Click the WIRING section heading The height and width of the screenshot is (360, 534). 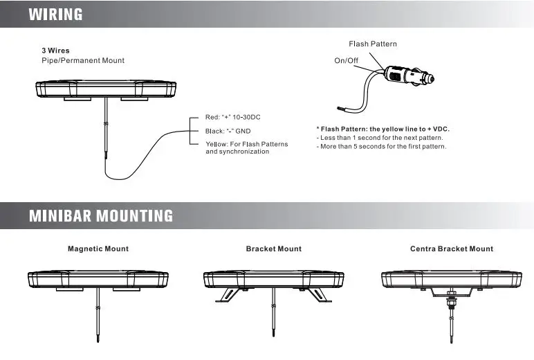[55, 15]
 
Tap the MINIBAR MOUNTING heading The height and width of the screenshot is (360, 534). [101, 216]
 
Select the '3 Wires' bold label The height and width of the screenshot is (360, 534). [55, 51]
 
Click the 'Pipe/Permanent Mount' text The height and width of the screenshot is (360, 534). [83, 61]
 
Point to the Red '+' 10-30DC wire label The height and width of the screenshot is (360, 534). [232, 117]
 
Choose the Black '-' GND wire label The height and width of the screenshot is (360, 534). [228, 132]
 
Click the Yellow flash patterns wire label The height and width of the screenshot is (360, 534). [246, 147]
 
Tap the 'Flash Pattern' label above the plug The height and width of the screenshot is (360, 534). [373, 44]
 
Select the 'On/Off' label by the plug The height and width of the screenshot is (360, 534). [346, 61]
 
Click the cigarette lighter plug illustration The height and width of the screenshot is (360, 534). [409, 76]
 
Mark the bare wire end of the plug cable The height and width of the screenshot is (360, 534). [341, 109]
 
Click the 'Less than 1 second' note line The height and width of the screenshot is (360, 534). [380, 138]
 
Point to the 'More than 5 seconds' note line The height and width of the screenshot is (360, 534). [381, 147]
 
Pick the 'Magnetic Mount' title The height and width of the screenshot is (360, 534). [98, 249]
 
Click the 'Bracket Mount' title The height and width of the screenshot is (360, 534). [274, 249]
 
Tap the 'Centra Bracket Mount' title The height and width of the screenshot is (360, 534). [452, 249]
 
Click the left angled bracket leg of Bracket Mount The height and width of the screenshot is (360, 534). [227, 295]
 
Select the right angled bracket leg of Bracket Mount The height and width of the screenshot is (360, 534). [320, 295]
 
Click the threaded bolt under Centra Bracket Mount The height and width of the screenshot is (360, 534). [451, 302]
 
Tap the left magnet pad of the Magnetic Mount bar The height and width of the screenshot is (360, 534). [70, 289]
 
